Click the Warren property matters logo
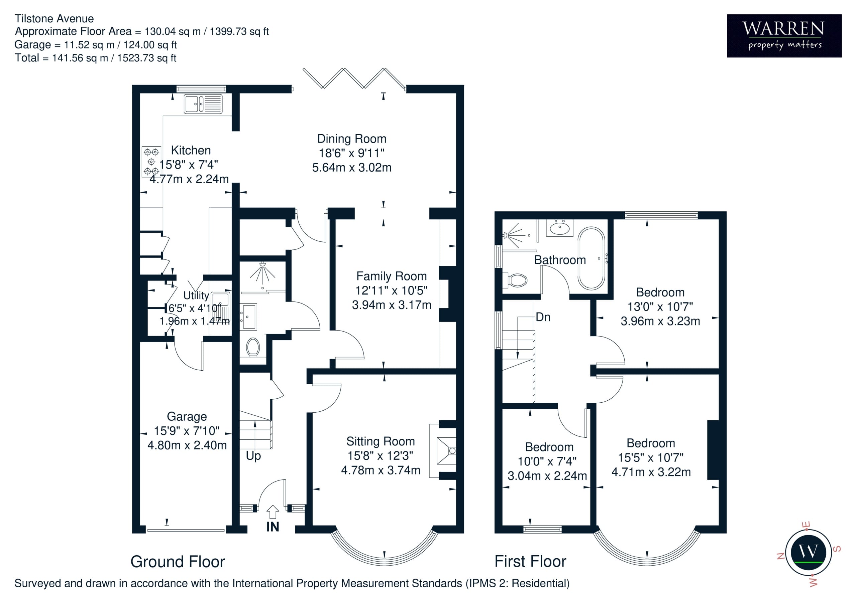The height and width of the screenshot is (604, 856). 784,36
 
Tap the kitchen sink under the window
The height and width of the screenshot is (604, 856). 203,104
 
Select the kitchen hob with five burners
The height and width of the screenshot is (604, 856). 151,162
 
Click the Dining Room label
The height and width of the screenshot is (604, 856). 351,139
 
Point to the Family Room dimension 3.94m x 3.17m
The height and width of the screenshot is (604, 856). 392,305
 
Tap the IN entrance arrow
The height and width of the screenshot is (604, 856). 273,512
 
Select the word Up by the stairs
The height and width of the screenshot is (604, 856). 253,456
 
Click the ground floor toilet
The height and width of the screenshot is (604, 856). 253,347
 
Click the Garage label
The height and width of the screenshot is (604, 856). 187,416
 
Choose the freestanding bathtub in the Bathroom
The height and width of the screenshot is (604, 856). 591,258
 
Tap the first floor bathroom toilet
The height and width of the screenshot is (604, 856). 515,280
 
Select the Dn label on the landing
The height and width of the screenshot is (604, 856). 543,317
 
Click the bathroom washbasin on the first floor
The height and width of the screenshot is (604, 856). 560,228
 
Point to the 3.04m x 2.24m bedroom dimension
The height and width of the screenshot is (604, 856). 547,475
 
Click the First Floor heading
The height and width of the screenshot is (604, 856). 530,561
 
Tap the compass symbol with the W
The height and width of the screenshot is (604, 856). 808,552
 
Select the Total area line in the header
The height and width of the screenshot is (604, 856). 95,58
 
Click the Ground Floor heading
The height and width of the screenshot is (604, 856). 178,562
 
